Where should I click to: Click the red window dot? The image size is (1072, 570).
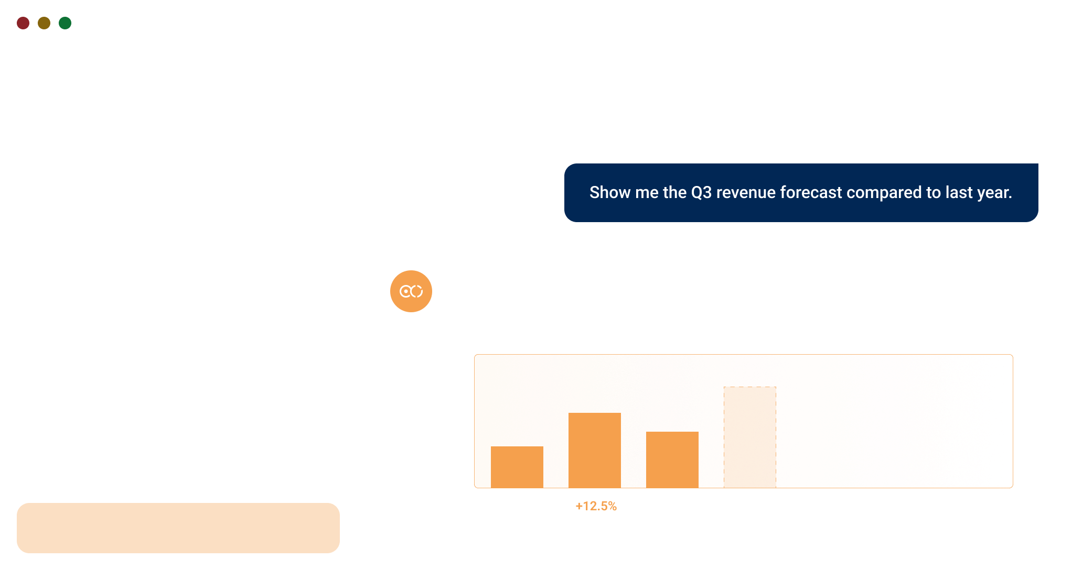coord(23,23)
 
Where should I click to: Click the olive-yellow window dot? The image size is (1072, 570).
coord(44,23)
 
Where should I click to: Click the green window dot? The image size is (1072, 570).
coord(65,23)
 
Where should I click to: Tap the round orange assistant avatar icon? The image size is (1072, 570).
coord(411,291)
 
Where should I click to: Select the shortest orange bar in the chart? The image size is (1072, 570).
coord(517,467)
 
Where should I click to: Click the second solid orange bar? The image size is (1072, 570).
coord(595,450)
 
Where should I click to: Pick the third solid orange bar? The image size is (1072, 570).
coord(672,459)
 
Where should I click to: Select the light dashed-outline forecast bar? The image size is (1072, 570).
coord(750,437)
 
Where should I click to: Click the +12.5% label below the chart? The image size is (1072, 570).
coord(596,506)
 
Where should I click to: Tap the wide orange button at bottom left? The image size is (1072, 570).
coord(178,528)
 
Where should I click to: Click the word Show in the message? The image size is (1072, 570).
coord(609,192)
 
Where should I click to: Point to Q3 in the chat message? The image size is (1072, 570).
coord(701,192)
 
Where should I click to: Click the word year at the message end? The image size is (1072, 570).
coord(993,192)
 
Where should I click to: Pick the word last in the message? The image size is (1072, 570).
coord(957,192)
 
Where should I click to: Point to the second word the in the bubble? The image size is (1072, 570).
coord(674,192)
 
